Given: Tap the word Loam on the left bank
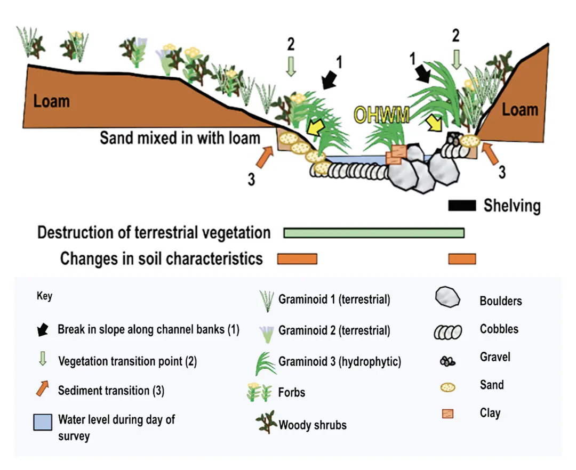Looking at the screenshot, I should click(x=52, y=101).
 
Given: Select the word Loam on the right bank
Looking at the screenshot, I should click(x=520, y=110).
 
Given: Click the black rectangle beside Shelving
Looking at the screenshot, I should click(x=462, y=206).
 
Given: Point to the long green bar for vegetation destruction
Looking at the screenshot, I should click(x=374, y=233).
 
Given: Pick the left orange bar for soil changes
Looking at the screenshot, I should click(x=297, y=259).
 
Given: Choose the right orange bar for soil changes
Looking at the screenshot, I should click(x=462, y=259).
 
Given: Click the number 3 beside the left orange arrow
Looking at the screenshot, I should click(x=251, y=179).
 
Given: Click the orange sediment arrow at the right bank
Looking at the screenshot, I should click(x=491, y=155).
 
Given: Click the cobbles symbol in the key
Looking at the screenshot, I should click(x=447, y=331).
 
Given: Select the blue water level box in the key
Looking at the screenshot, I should click(x=43, y=422).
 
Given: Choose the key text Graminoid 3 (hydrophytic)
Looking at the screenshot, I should click(x=339, y=362).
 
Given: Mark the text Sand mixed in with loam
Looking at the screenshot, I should click(x=180, y=139).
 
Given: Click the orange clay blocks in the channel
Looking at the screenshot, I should click(x=396, y=154).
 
